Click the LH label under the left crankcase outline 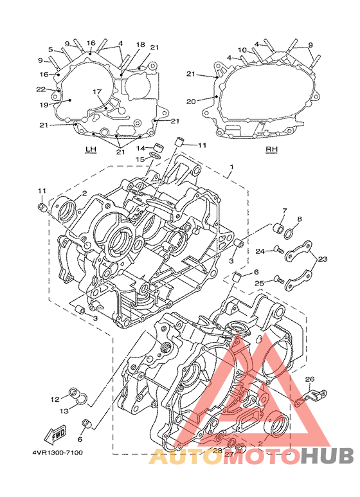click(91, 149)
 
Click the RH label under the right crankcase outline click(271, 149)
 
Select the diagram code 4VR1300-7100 click(57, 452)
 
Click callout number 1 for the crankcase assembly click(231, 167)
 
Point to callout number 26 click(310, 379)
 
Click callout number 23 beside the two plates click(322, 259)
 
